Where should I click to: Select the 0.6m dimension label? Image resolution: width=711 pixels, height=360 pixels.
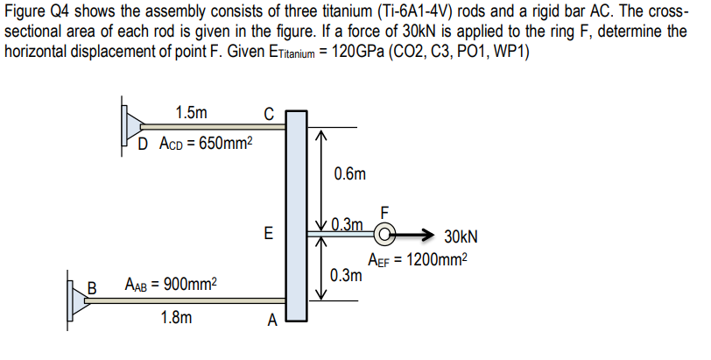(349, 174)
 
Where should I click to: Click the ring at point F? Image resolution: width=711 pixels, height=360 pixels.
(384, 234)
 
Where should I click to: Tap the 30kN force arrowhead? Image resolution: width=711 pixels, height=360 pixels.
(427, 235)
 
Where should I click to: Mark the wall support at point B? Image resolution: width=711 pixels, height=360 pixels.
(76, 297)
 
